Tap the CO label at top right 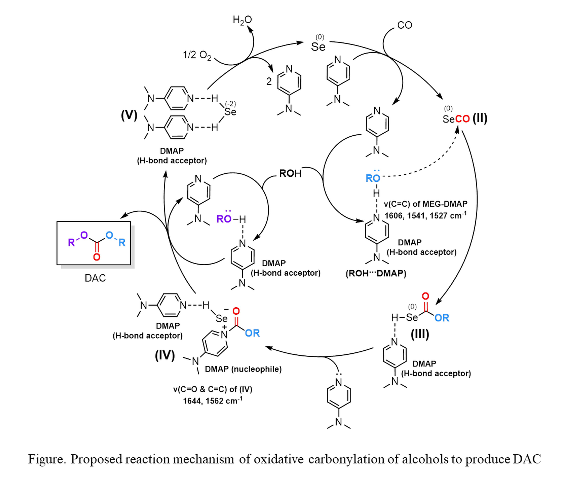click(404, 25)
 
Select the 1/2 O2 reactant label click(197, 55)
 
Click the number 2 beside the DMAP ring click(269, 82)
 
